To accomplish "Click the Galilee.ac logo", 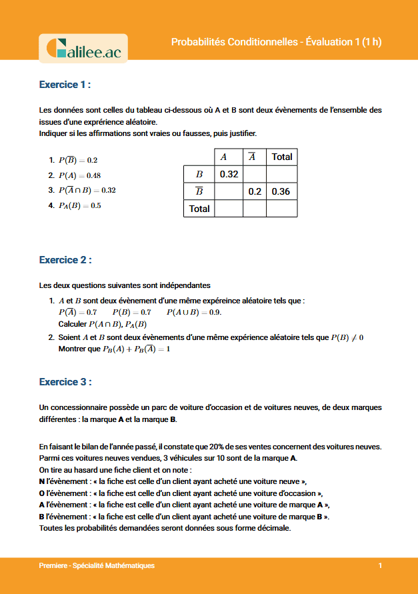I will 83,48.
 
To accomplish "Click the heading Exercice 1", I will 65,85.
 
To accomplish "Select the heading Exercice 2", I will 65,259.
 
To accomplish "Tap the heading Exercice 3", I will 65,382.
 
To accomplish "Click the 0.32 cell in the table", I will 229,174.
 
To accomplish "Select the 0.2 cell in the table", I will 255,191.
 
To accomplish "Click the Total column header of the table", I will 281,157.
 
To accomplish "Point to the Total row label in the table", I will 199,209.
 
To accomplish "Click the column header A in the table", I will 223,157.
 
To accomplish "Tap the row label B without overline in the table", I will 199,174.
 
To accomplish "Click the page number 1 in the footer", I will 380,565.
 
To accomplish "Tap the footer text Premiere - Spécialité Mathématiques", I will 97,565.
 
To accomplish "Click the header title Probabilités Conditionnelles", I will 233,42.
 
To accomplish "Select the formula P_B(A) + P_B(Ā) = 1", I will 137,349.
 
